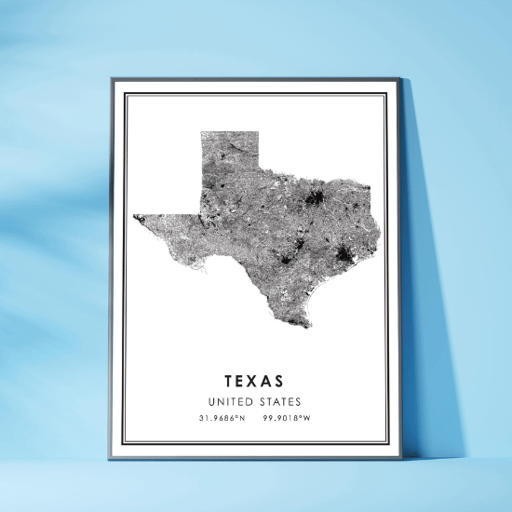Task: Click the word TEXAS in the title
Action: [x=254, y=382]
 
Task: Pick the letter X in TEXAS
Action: [x=254, y=382]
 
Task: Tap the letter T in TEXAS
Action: [x=228, y=382]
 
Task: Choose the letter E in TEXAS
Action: [x=241, y=382]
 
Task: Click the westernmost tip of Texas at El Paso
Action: [x=134, y=217]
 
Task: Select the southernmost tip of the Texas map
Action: [x=309, y=327]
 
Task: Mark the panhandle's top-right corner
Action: [x=258, y=132]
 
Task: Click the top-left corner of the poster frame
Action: [x=111, y=78]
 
